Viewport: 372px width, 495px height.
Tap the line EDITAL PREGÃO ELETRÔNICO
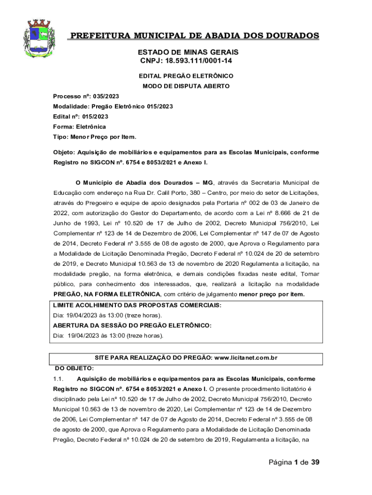186,76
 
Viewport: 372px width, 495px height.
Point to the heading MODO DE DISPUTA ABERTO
186,86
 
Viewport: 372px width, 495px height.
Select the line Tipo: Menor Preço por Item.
95,137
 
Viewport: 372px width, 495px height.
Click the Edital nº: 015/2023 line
81,116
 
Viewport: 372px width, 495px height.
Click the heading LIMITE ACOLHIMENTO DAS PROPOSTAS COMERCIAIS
137,305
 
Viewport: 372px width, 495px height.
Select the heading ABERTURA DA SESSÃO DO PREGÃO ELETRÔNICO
132,325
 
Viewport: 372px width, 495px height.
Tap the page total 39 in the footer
315,463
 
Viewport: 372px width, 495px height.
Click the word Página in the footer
280,463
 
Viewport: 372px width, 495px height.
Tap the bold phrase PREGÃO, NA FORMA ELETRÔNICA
107,294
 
